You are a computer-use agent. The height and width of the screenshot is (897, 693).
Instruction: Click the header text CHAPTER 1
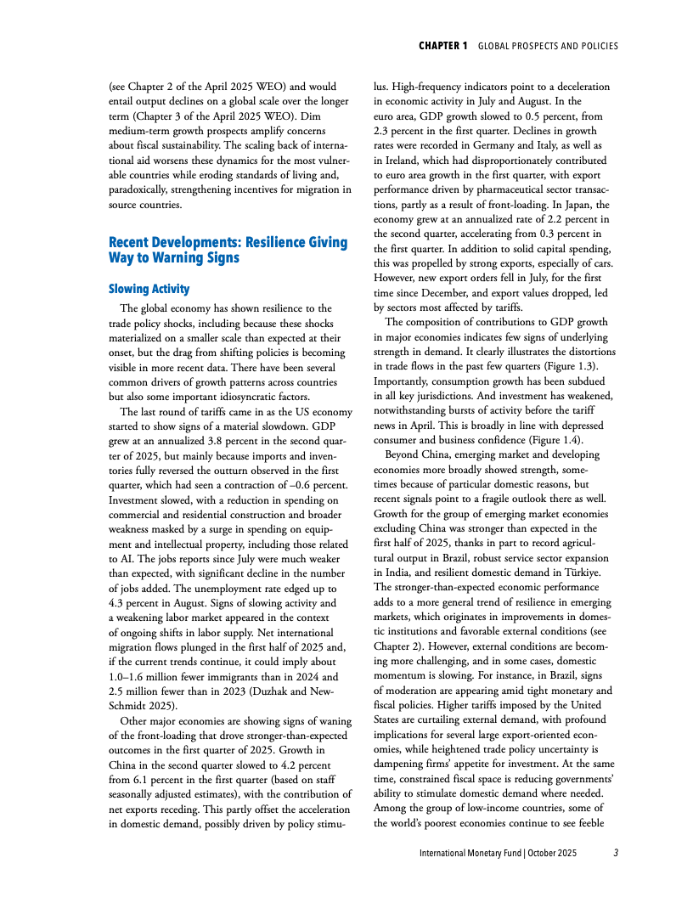click(x=442, y=46)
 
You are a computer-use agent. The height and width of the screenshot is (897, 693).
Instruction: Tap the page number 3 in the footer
click(x=616, y=852)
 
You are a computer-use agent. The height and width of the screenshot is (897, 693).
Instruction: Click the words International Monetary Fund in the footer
click(x=469, y=852)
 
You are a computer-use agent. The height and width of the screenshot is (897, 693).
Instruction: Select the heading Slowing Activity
click(x=149, y=289)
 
